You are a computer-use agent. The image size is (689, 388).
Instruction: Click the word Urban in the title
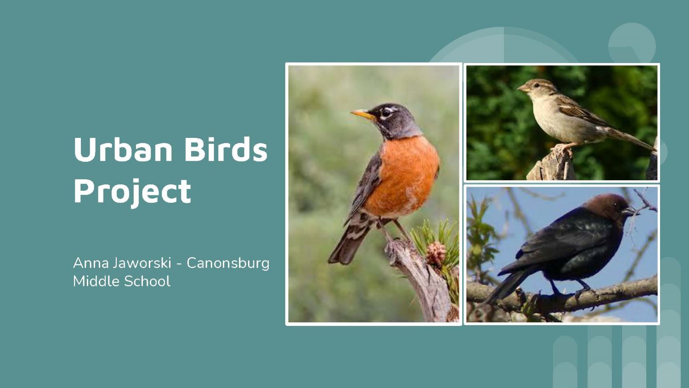(123, 149)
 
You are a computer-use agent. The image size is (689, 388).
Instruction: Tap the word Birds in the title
(226, 149)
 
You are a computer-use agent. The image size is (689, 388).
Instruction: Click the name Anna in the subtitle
(91, 263)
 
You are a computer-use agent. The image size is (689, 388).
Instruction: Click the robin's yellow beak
(363, 114)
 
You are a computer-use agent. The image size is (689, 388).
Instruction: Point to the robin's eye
(386, 112)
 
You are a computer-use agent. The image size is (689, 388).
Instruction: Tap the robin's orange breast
(403, 176)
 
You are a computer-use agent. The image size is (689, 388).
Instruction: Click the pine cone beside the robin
(435, 253)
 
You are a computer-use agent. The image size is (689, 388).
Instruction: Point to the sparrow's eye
(537, 85)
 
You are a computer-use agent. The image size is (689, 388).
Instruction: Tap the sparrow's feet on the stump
(562, 149)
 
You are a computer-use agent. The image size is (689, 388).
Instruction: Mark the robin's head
(392, 120)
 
